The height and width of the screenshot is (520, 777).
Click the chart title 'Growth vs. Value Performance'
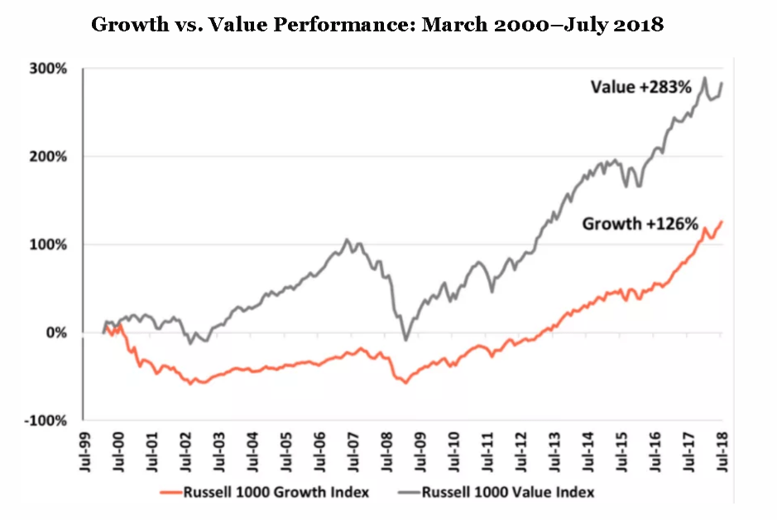(x=377, y=24)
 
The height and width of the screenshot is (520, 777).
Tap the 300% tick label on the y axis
(x=50, y=69)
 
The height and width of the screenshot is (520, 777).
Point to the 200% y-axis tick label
(x=50, y=157)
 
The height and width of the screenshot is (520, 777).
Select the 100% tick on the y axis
(x=50, y=245)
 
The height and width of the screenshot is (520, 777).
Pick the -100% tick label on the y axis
(x=47, y=421)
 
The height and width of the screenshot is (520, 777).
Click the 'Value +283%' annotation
(x=640, y=87)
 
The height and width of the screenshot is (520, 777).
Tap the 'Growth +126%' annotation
(x=640, y=223)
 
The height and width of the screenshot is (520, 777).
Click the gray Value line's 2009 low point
(x=405, y=340)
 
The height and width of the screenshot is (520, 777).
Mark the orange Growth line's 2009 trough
(x=405, y=383)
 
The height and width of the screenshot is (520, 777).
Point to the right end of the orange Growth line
(x=722, y=221)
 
